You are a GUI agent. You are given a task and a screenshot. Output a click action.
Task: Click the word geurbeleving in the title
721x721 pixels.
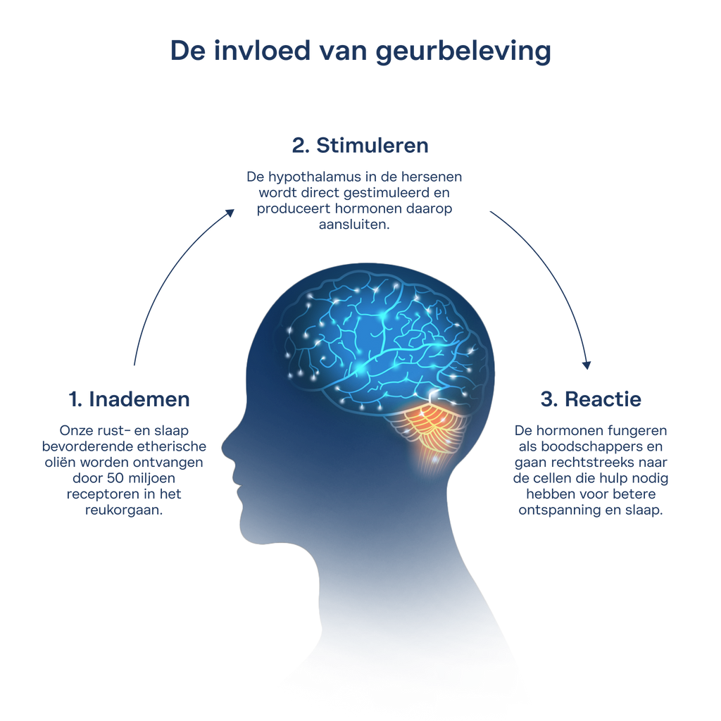click(463, 51)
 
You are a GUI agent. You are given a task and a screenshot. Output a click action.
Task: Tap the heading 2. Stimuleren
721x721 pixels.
click(360, 145)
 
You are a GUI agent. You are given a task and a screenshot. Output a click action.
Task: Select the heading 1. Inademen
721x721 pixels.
click(130, 399)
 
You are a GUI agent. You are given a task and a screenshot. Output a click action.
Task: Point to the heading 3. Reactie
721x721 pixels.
click(591, 399)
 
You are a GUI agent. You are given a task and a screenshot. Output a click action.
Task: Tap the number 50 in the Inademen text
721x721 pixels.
click(115, 478)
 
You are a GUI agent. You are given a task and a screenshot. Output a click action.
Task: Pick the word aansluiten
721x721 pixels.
click(354, 225)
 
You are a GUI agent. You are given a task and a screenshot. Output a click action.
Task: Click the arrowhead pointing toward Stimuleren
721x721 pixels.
click(230, 213)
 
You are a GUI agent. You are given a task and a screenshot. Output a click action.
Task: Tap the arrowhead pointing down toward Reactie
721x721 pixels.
click(587, 365)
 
